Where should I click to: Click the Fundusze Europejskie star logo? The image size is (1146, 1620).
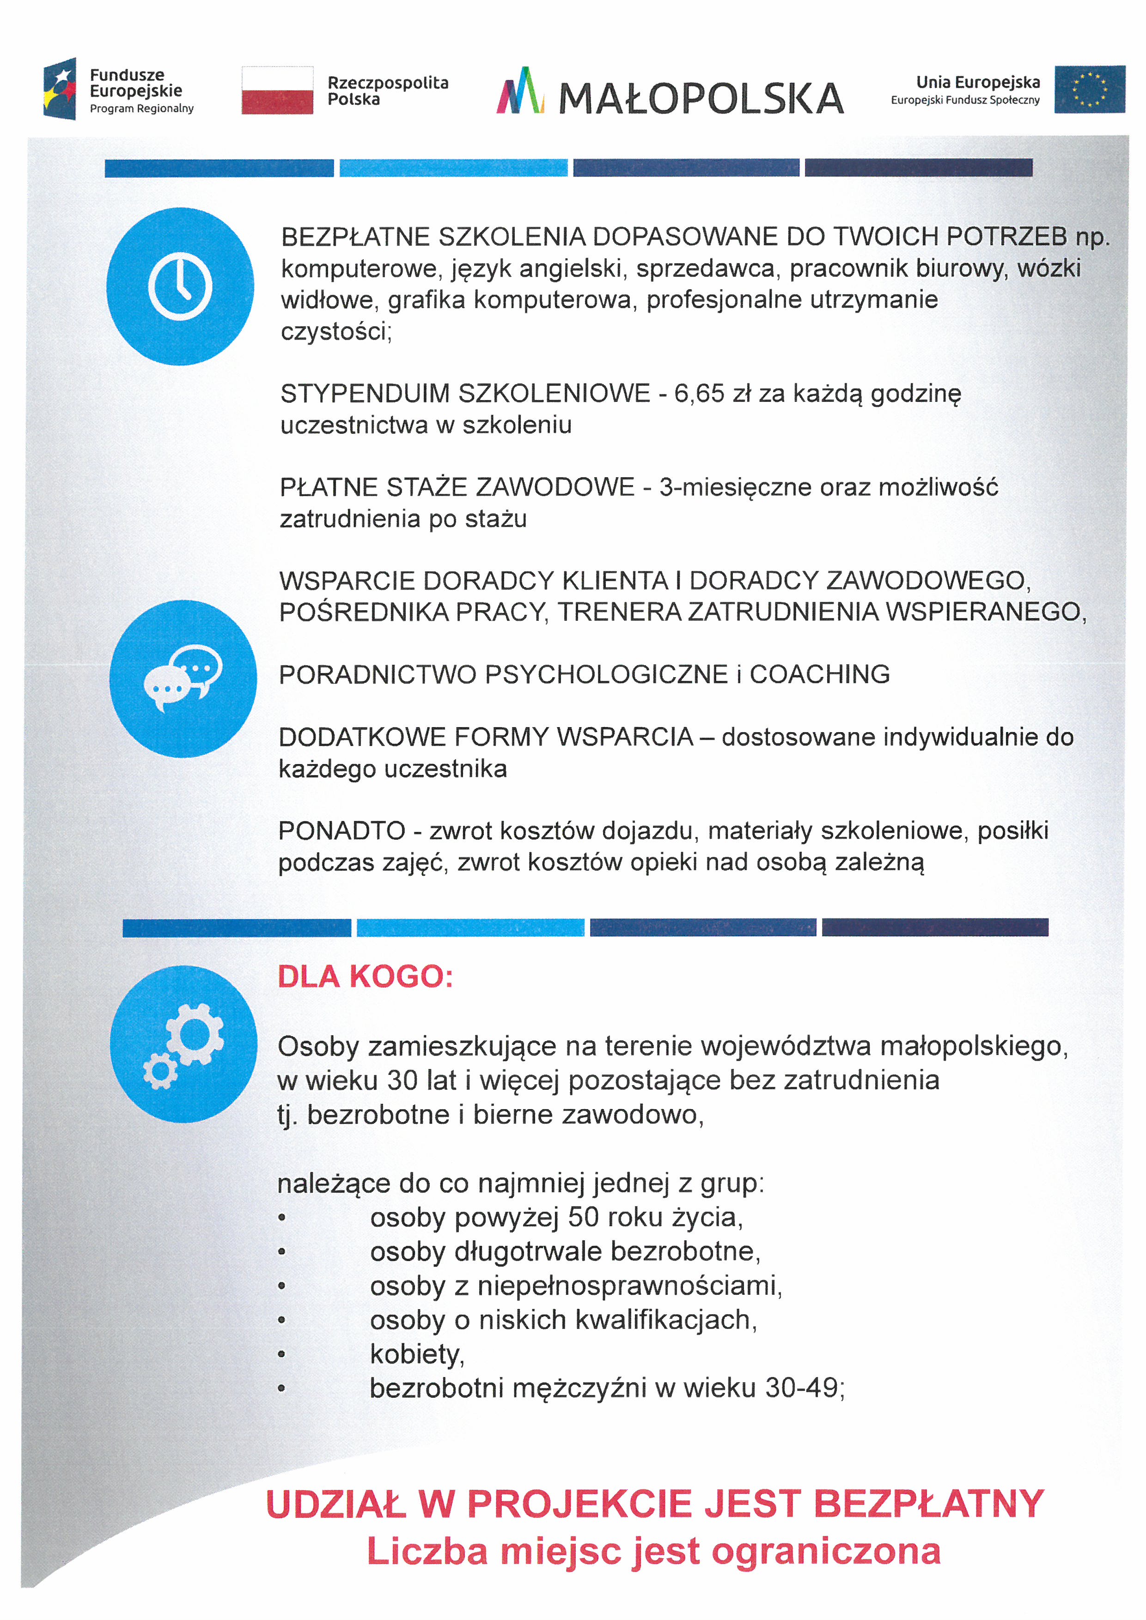coord(60,89)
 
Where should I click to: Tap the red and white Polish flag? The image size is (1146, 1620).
coord(277,91)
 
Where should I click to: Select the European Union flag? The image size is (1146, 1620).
coord(1090,90)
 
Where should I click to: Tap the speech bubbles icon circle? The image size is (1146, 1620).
coord(183,679)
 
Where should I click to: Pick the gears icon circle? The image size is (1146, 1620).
coord(183,1044)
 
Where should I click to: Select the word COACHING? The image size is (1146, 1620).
coord(819,674)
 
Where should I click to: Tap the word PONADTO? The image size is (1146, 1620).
coord(341,831)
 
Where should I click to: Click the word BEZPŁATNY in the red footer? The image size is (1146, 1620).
coord(929,1504)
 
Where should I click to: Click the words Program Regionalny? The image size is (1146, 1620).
coord(141,109)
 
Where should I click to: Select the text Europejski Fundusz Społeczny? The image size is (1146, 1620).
coord(965,100)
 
